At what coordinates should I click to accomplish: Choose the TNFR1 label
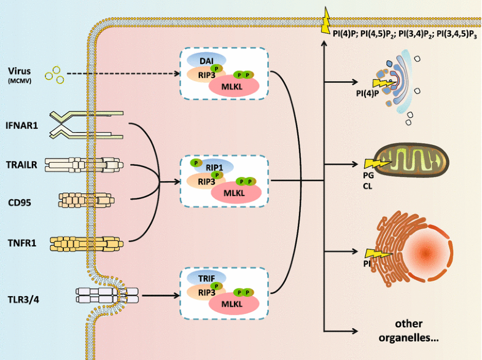24,243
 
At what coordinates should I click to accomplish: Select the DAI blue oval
205,60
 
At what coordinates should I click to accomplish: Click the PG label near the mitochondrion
368,174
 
